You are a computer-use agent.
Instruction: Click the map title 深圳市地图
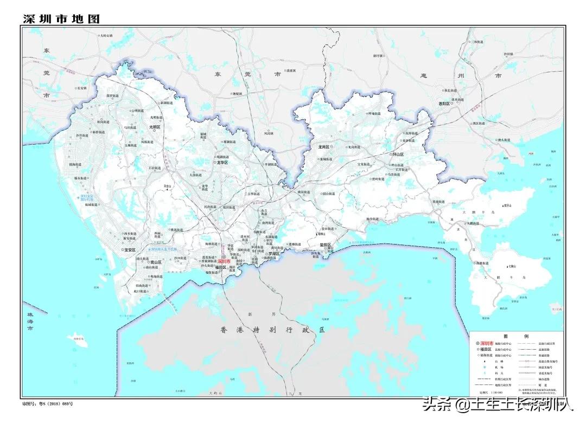click(61, 18)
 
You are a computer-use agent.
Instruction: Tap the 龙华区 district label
click(222, 162)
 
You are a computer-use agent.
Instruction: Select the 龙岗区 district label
click(324, 147)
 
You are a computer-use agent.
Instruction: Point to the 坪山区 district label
click(398, 155)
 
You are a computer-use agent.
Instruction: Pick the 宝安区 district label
click(129, 250)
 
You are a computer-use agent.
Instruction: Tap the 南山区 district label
click(156, 262)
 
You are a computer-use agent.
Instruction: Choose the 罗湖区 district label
click(273, 253)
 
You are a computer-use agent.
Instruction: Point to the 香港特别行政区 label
click(272, 330)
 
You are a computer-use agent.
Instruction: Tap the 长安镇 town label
click(82, 87)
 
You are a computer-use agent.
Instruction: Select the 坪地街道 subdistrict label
click(374, 114)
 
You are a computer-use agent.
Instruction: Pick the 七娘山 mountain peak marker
click(508, 266)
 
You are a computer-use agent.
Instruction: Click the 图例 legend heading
click(515, 336)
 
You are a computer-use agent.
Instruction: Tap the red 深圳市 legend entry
click(487, 344)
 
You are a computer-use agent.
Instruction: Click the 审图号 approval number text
click(48, 404)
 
